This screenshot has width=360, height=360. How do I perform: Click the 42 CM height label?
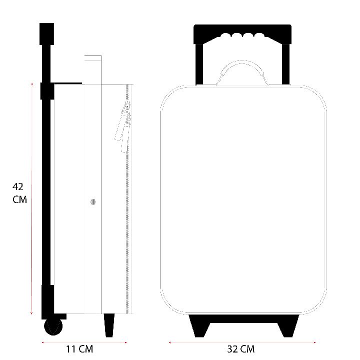pyautogui.click(x=19, y=193)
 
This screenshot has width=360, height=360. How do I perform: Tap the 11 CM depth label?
pyautogui.click(x=79, y=349)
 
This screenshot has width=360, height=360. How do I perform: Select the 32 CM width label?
pyautogui.click(x=241, y=349)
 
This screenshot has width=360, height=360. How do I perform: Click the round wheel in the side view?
pyautogui.click(x=53, y=326)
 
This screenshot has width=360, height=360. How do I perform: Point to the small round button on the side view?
pyautogui.click(x=93, y=202)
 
